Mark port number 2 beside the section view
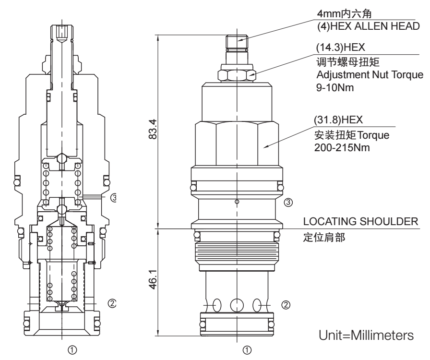coord(111,303)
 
